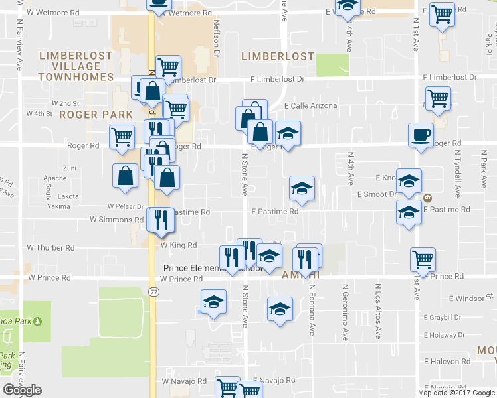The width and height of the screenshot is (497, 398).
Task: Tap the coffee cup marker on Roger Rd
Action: tap(421, 135)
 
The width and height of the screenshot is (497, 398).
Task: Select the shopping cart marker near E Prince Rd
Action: tap(423, 259)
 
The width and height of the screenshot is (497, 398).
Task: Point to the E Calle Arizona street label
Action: tap(310, 106)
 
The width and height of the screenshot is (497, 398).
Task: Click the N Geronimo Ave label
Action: tap(346, 311)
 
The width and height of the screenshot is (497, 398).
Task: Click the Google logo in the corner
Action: tap(22, 390)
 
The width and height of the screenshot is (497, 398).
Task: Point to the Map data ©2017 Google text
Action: tap(456, 393)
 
